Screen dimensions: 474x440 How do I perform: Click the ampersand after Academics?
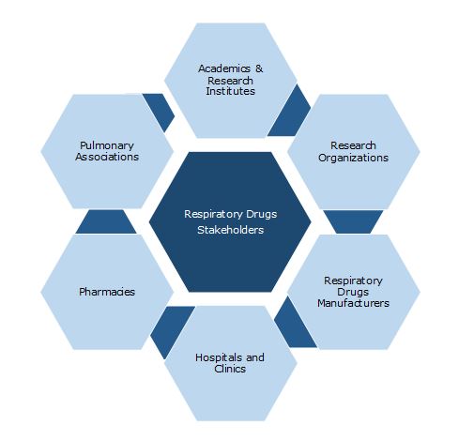coord(259,68)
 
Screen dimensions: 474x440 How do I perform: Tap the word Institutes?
coord(230,91)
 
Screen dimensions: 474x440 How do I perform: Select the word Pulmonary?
coord(107,146)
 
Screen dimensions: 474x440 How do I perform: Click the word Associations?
coord(107,157)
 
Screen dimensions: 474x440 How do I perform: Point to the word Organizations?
coord(353,158)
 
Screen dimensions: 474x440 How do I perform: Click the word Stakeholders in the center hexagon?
coord(230,230)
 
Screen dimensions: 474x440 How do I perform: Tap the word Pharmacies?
coord(107,292)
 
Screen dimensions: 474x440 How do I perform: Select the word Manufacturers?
coord(353,303)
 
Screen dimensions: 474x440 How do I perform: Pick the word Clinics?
coord(230,369)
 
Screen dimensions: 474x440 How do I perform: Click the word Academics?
coord(224,68)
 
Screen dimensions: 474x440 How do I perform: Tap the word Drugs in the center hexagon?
coord(262,214)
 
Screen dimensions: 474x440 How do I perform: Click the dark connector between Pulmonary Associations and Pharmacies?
coord(106,221)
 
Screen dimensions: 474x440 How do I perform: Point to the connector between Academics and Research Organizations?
coord(290,112)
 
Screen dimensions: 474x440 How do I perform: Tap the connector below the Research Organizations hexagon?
coord(353,221)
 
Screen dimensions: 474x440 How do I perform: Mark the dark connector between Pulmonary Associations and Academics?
coord(160,111)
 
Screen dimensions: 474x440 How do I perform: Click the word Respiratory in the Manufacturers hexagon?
coord(353,281)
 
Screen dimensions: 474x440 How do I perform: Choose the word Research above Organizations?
coord(353,145)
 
